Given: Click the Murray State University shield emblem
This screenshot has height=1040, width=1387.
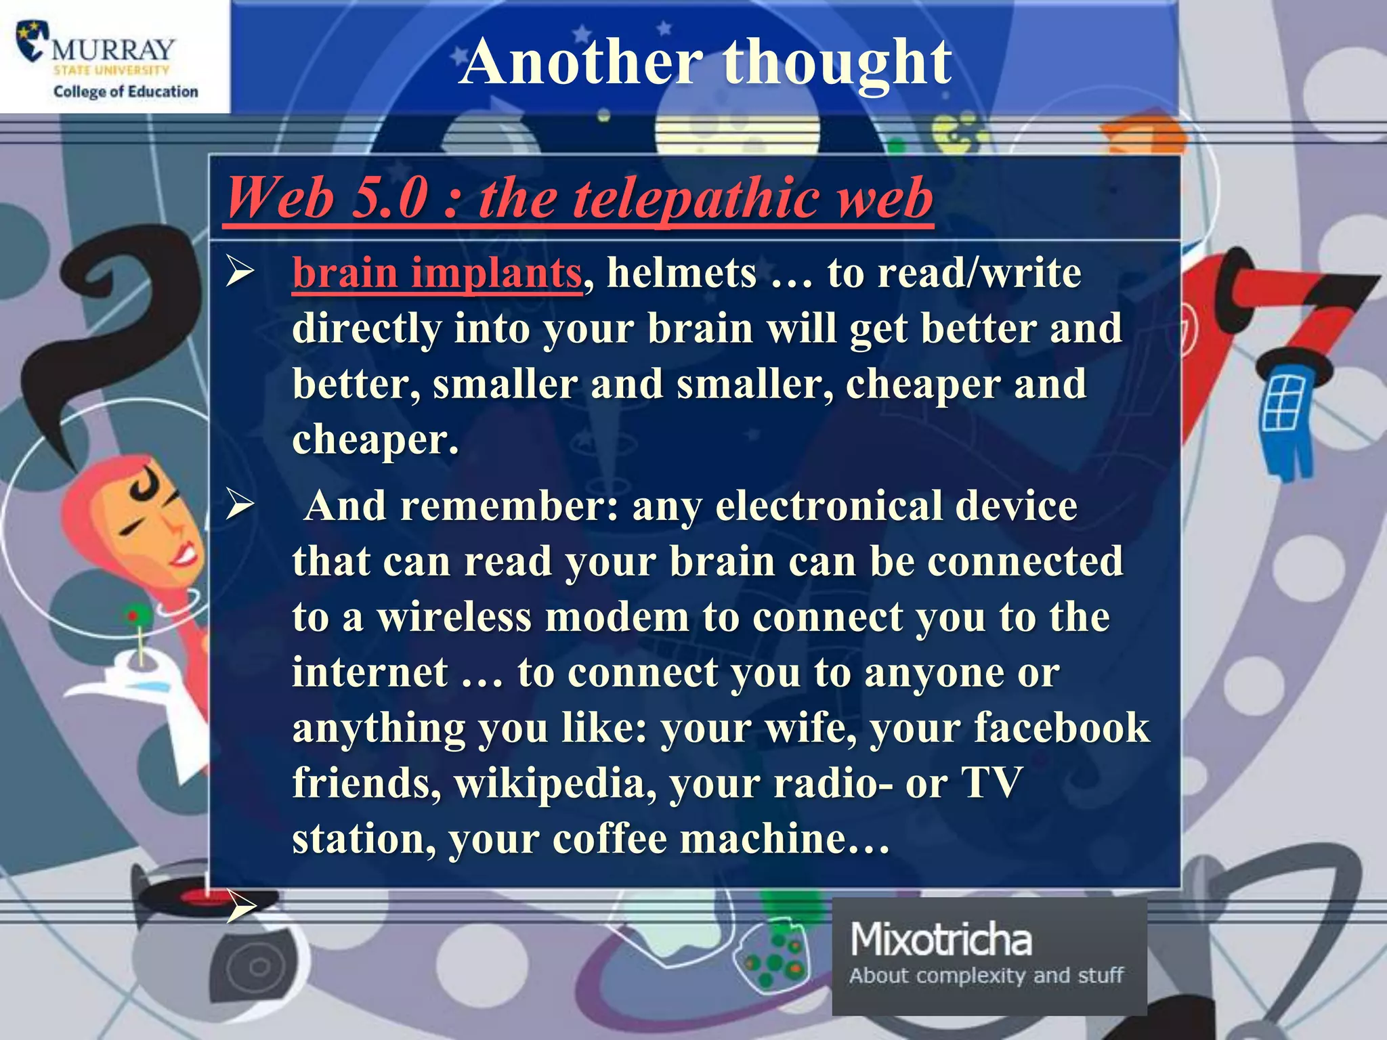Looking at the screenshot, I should point(33,41).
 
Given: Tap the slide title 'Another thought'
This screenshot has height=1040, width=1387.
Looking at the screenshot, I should point(705,62).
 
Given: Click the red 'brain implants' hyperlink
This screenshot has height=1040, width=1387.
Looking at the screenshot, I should point(437,273).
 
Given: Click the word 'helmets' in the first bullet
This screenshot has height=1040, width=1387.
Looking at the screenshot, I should point(681,273).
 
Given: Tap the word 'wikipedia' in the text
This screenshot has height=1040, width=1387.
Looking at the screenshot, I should point(555,783).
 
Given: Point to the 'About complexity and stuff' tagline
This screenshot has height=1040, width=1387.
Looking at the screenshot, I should point(986,976).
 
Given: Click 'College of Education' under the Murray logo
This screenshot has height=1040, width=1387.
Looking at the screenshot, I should point(126,91).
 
